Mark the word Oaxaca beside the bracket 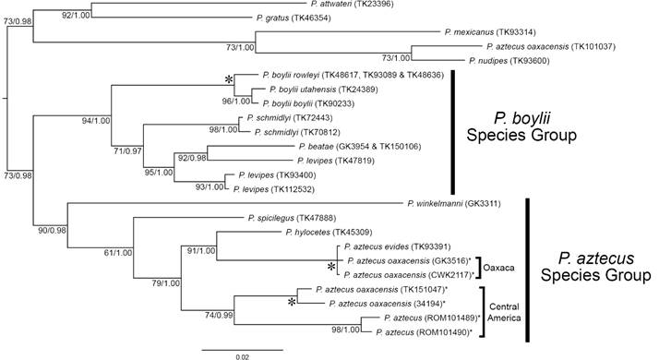(x=505, y=267)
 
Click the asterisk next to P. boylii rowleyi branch (x=228, y=81)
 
